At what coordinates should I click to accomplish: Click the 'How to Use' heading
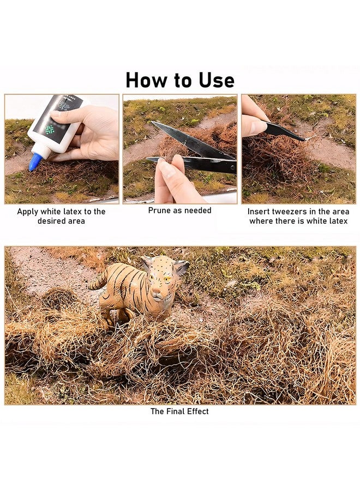tap(180, 80)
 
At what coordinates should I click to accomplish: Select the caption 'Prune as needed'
tap(179, 211)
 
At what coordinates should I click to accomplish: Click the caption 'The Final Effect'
tap(179, 411)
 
